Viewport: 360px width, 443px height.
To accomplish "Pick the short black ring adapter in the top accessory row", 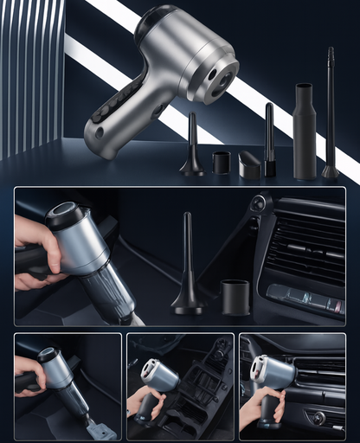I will coord(222,162).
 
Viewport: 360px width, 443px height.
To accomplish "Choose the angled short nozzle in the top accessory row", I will coord(250,164).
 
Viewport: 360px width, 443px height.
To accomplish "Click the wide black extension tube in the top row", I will coord(305,130).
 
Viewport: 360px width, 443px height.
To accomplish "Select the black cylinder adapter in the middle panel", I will coord(235,296).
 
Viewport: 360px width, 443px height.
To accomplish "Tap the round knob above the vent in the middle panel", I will coord(258,203).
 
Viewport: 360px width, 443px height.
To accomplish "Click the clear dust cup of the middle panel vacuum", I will coord(112,290).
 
